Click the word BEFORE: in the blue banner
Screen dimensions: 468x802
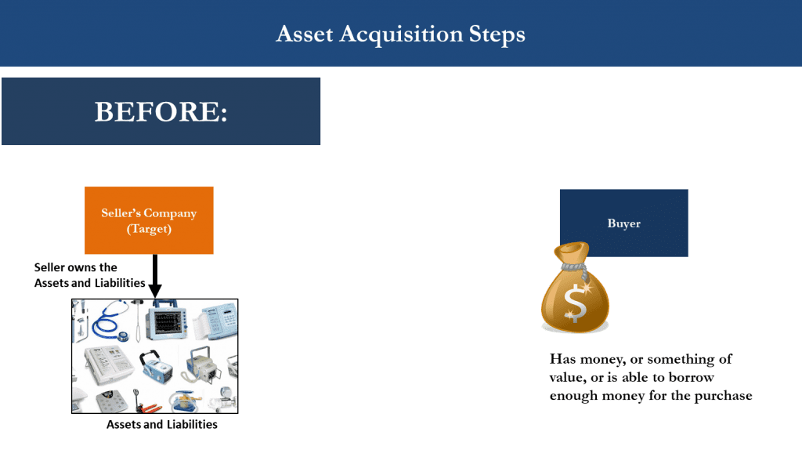click(161, 111)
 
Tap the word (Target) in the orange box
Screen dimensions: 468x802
click(149, 228)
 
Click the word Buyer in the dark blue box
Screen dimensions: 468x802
click(623, 223)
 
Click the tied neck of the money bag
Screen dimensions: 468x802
click(580, 267)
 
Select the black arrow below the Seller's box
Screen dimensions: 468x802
click(155, 278)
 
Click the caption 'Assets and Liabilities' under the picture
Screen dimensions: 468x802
click(161, 425)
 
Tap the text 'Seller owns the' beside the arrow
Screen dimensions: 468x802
click(76, 268)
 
